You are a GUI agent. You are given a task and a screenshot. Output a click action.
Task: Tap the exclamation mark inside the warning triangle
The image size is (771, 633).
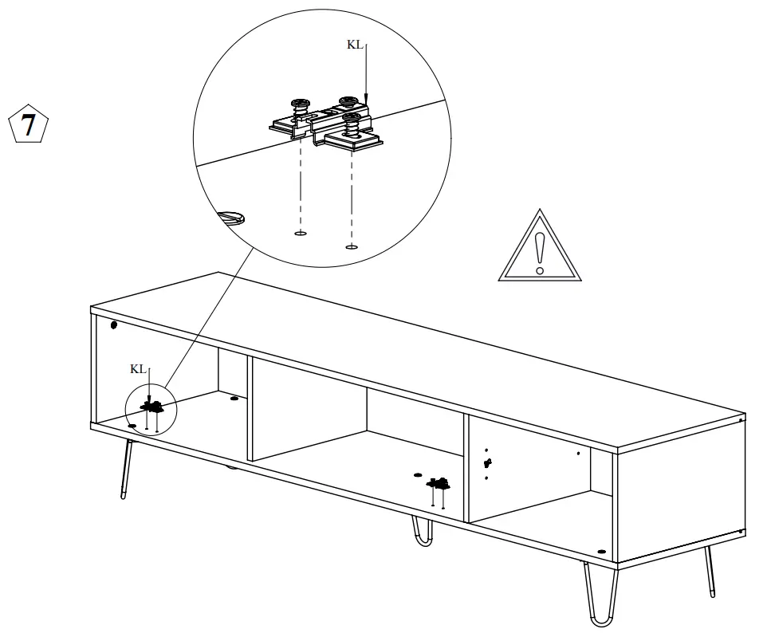click(x=541, y=254)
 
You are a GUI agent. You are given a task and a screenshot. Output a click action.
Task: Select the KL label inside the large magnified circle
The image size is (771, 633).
click(x=355, y=45)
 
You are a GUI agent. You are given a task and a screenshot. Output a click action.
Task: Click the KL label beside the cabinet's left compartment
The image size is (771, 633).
click(x=138, y=368)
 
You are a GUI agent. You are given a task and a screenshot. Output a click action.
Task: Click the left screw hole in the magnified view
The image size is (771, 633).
click(x=300, y=234)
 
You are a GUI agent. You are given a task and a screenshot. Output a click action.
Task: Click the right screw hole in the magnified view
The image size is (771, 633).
click(x=351, y=246)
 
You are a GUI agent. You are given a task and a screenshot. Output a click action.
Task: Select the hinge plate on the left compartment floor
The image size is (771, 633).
click(x=152, y=406)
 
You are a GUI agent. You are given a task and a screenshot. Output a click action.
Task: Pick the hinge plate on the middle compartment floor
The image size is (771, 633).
click(x=438, y=483)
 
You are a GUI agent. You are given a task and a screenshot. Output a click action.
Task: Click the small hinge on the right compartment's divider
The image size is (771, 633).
click(x=488, y=463)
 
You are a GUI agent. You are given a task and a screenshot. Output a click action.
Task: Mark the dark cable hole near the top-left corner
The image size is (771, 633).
click(x=113, y=325)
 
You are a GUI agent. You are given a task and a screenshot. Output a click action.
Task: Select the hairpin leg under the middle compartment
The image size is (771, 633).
click(x=422, y=532)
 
